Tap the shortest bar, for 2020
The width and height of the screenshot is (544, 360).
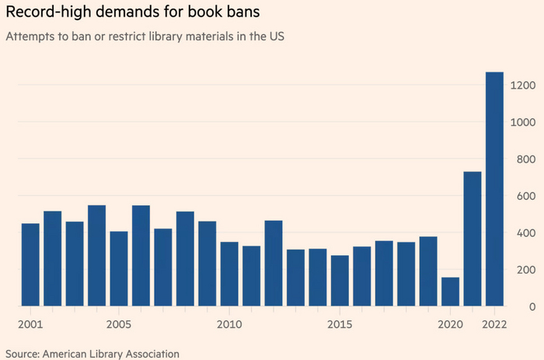click(450, 292)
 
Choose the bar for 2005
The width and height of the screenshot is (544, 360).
click(119, 268)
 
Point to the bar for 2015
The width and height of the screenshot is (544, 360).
click(340, 281)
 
